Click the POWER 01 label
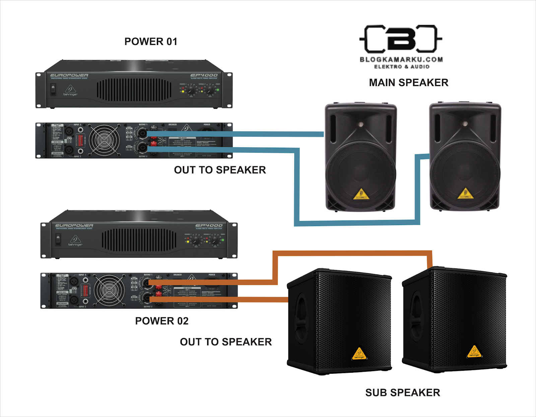pos(151,42)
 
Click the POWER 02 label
pos(161,321)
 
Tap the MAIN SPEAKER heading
pos(408,83)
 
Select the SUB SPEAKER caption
pos(402,393)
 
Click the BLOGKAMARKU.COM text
pos(401,60)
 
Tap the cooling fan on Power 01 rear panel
pos(104,140)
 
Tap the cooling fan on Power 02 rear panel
pos(109,290)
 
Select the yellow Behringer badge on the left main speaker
pos(361,194)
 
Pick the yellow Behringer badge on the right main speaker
pos(465,194)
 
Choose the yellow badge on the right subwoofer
pos(474,352)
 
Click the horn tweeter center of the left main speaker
pos(360,124)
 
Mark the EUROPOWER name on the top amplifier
pos(69,75)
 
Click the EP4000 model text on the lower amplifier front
pos(209,225)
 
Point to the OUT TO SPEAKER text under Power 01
pos(220,170)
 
